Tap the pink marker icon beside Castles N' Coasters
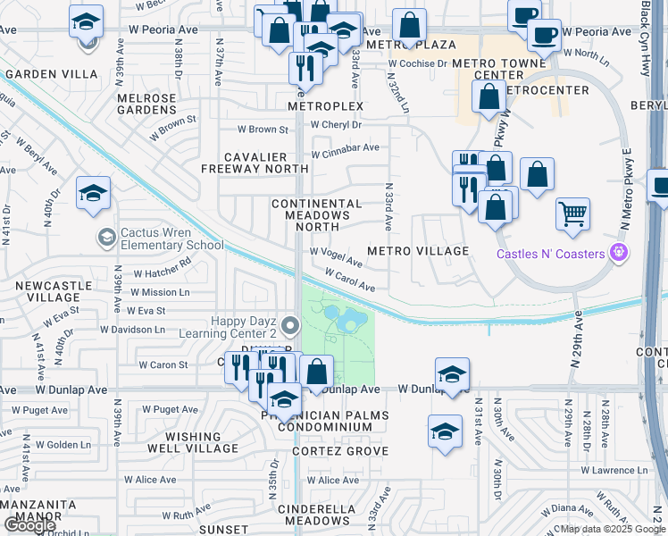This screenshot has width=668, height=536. (616, 254)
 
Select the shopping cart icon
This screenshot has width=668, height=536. (572, 214)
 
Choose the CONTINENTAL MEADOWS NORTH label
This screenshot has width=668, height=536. (317, 215)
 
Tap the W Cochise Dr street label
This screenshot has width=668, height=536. (416, 64)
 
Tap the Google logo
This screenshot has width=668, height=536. (29, 525)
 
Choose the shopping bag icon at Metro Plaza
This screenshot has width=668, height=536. (409, 27)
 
